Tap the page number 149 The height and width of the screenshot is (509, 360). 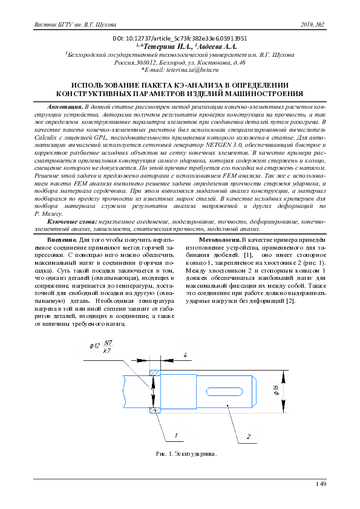click(321, 484)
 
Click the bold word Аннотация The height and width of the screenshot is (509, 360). click(65, 106)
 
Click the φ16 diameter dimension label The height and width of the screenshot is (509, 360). click(276, 390)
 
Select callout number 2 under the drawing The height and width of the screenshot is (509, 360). click(249, 436)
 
